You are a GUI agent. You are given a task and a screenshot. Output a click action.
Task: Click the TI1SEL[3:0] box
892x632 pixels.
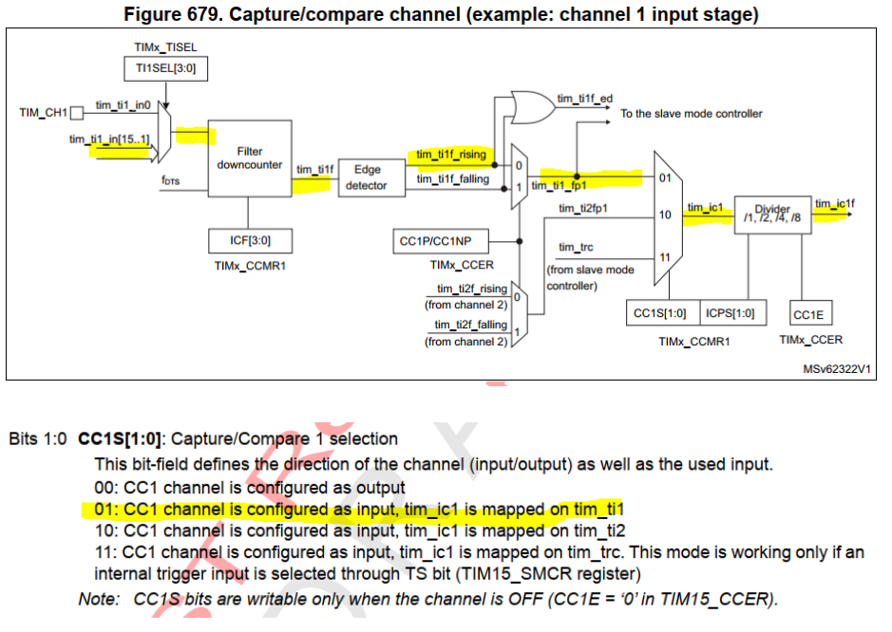click(x=165, y=68)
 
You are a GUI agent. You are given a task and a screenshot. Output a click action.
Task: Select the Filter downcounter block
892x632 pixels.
click(x=250, y=158)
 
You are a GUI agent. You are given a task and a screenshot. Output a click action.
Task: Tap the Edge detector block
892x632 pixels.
click(x=372, y=177)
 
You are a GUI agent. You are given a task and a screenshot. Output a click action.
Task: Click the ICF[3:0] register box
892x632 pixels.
click(x=250, y=241)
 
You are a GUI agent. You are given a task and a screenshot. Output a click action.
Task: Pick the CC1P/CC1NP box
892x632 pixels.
click(x=441, y=242)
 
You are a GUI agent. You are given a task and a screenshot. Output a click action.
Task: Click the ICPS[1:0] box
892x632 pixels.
click(x=732, y=313)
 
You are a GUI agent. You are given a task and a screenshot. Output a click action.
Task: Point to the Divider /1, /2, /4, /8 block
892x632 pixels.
click(x=772, y=214)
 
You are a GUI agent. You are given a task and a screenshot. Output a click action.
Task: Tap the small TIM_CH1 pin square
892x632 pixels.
click(x=76, y=113)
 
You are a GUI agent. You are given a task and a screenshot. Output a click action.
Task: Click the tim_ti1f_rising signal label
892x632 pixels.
click(x=451, y=155)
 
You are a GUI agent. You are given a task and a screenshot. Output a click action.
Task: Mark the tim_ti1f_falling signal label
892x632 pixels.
click(x=453, y=179)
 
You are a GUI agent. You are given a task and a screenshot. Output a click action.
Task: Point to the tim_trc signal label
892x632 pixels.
click(x=576, y=248)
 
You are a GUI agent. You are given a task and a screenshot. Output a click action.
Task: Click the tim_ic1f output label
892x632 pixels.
click(x=835, y=203)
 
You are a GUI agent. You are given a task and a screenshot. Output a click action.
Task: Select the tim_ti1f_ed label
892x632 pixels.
click(x=585, y=99)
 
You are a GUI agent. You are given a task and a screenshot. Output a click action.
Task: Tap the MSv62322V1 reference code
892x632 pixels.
click(x=836, y=369)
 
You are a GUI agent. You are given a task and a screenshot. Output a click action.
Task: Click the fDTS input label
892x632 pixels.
click(x=171, y=180)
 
